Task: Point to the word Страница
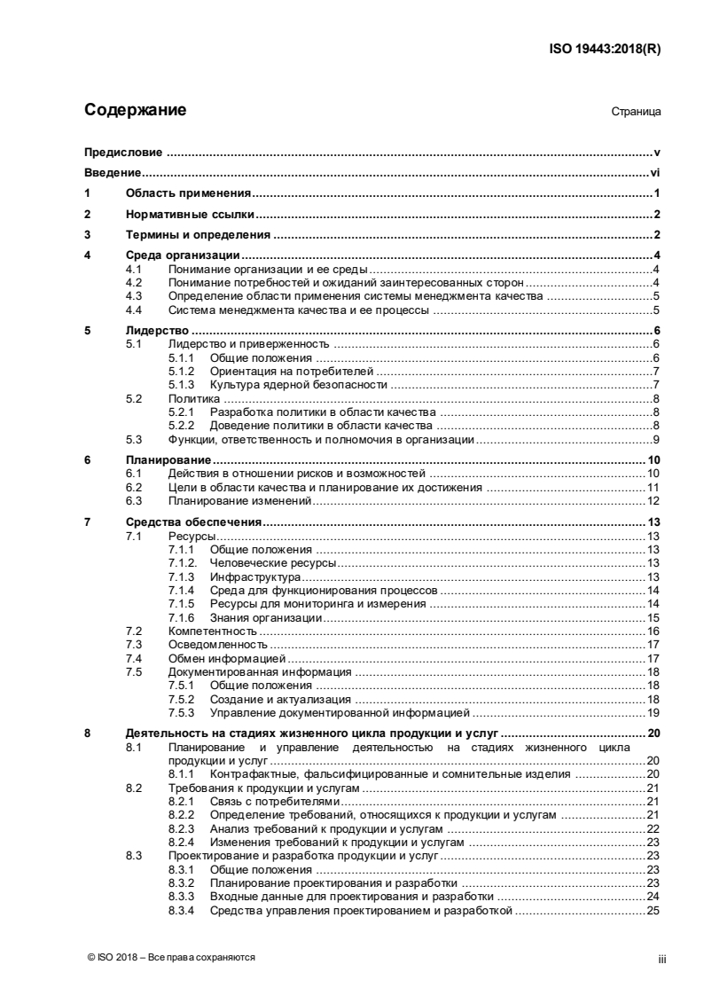[636, 113]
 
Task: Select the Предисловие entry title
[123, 153]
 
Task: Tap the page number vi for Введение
[655, 173]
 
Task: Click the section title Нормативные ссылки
[190, 214]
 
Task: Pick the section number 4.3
[135, 296]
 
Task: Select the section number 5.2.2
[181, 426]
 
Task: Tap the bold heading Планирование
[168, 460]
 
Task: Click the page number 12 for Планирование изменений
[653, 501]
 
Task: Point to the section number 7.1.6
[181, 617]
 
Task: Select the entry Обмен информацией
[226, 658]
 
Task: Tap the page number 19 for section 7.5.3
[653, 712]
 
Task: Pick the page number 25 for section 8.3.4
[653, 910]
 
